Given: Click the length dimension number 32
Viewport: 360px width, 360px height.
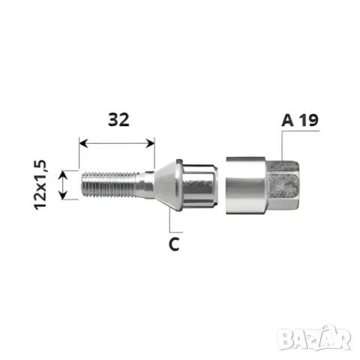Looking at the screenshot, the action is click(118, 119).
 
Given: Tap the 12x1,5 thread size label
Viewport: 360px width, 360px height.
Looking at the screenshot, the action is click(40, 184).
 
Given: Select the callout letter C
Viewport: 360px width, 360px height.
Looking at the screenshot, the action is click(174, 244).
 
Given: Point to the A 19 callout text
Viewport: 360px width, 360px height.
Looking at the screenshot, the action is click(300, 120).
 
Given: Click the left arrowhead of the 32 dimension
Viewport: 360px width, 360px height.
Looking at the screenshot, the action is click(83, 143).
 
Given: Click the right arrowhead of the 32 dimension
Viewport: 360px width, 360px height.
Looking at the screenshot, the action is click(150, 143).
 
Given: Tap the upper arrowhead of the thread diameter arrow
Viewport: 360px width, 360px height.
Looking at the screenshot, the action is click(64, 175).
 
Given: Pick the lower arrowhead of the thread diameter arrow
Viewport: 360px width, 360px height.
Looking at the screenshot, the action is click(64, 196).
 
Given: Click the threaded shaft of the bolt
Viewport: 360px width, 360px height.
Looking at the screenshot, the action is click(110, 185).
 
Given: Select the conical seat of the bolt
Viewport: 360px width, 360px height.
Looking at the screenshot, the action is click(166, 185).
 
